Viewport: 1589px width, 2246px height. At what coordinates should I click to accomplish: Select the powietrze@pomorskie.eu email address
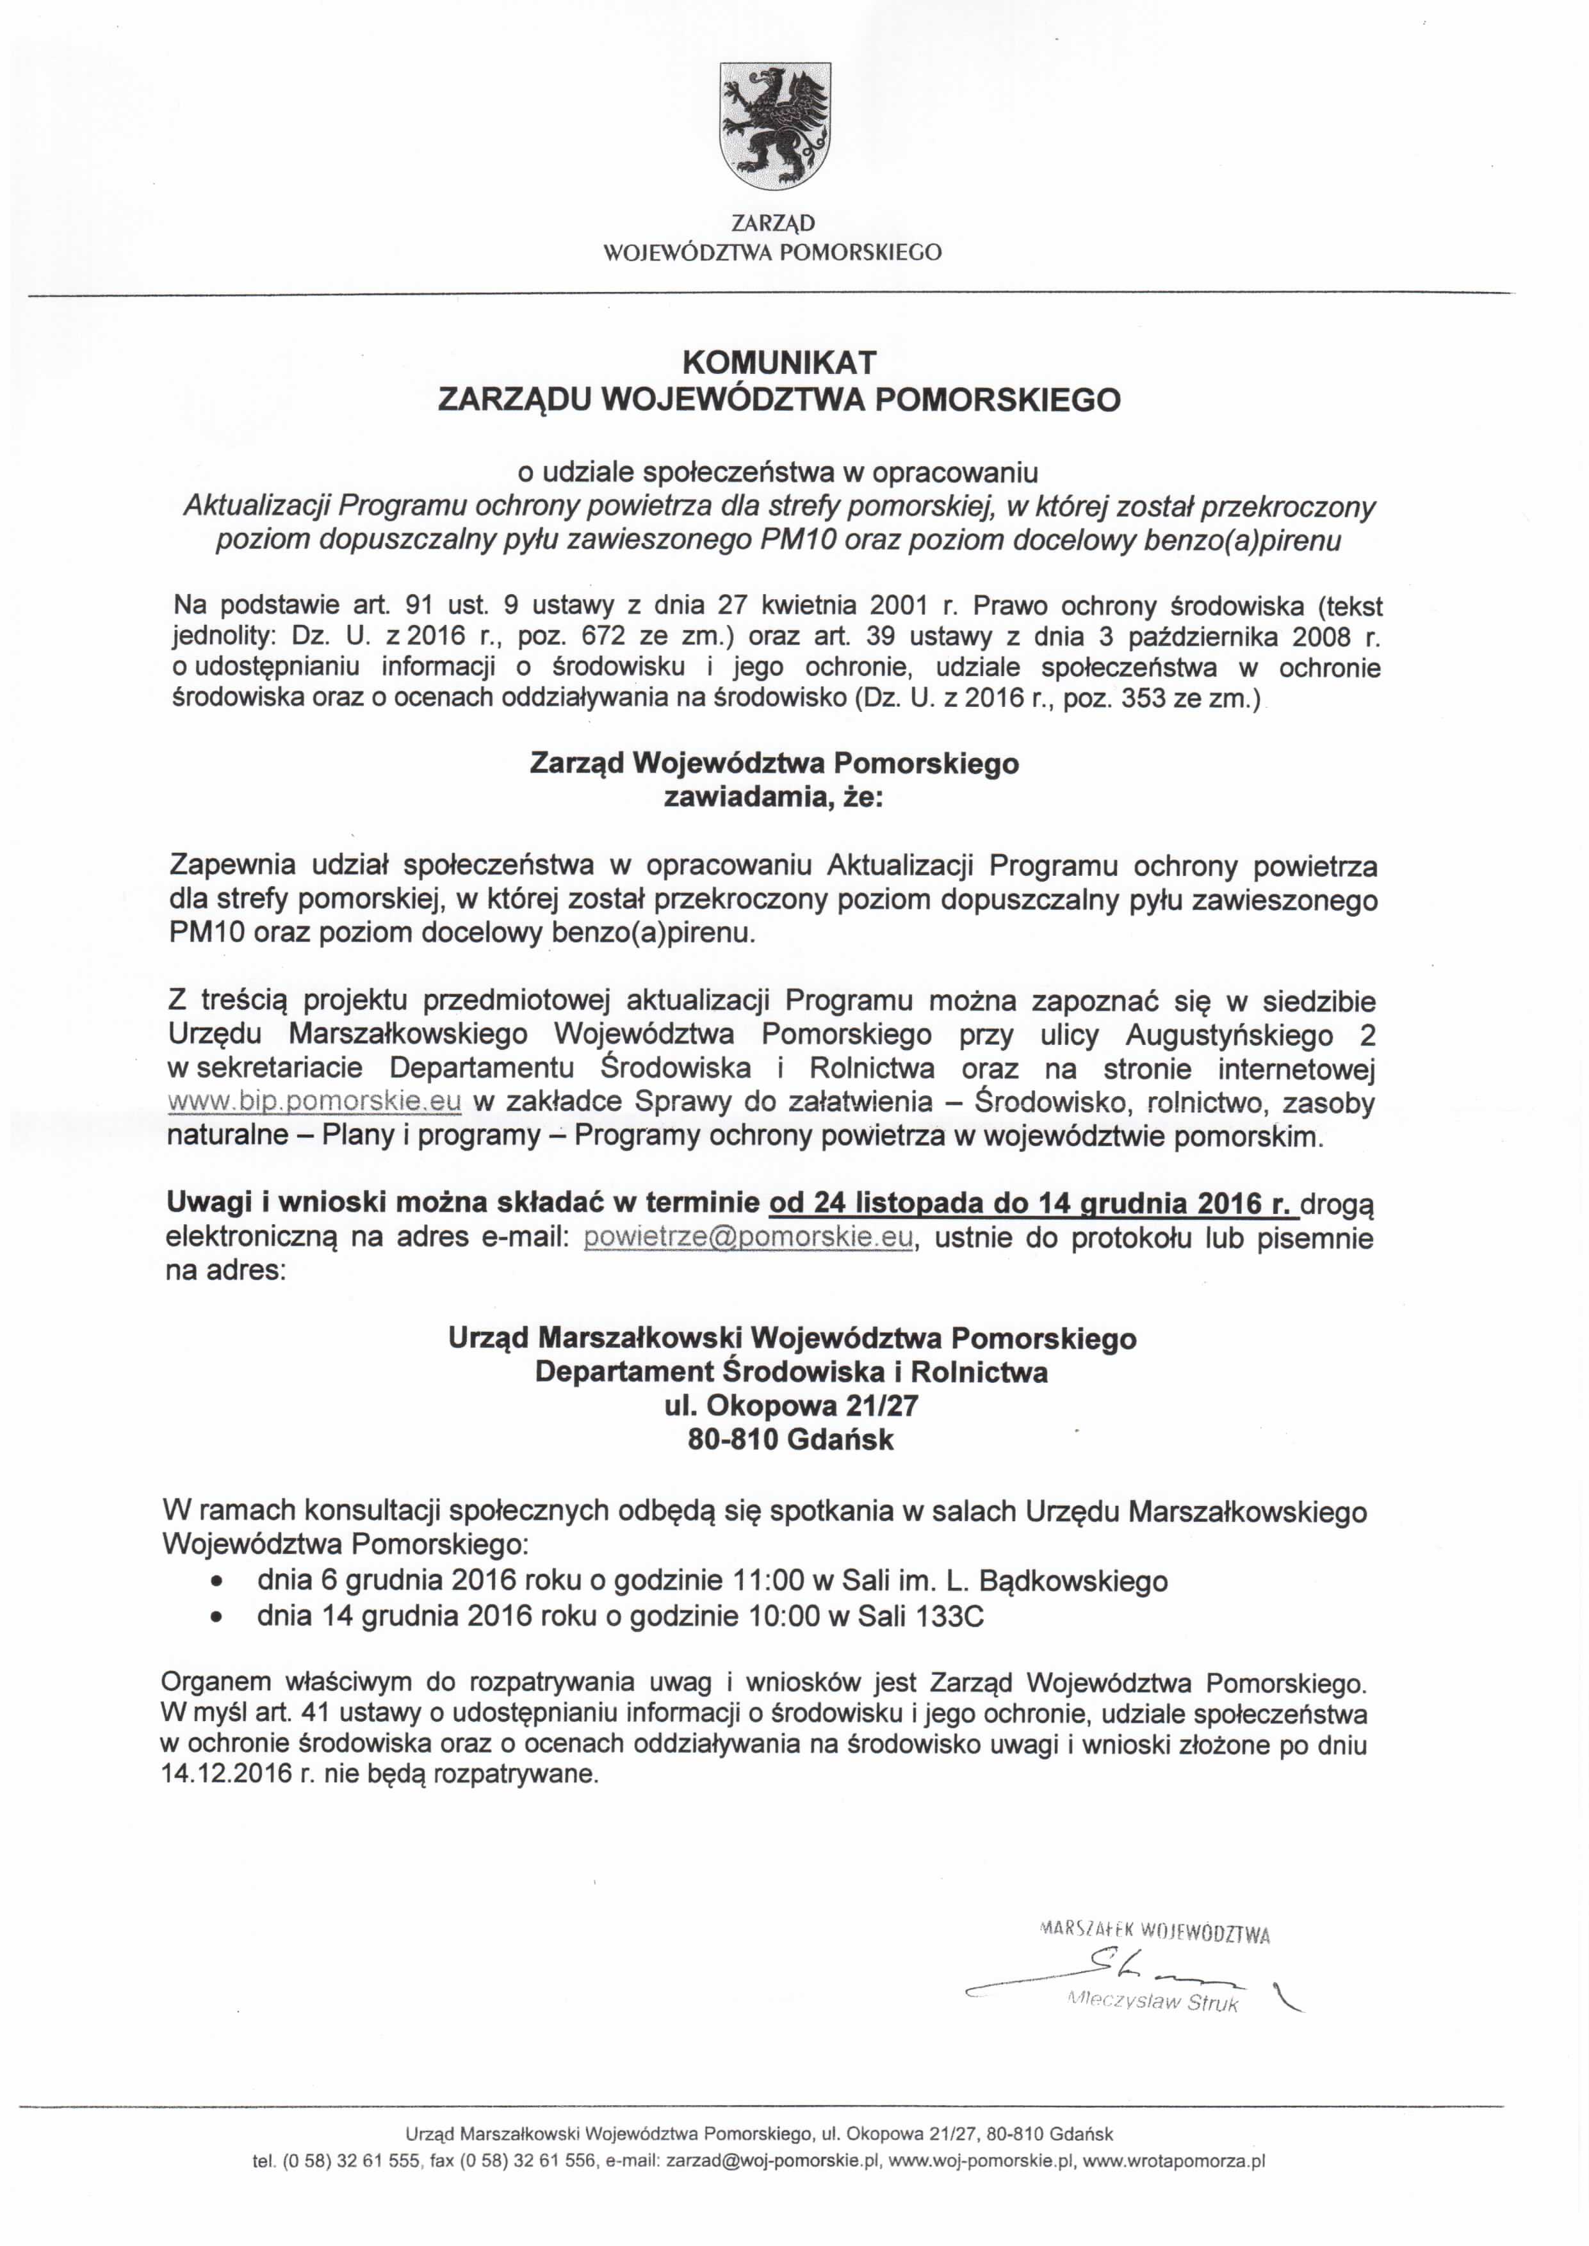pos(749,1238)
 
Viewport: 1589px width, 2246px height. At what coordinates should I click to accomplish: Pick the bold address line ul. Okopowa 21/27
pos(792,1406)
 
